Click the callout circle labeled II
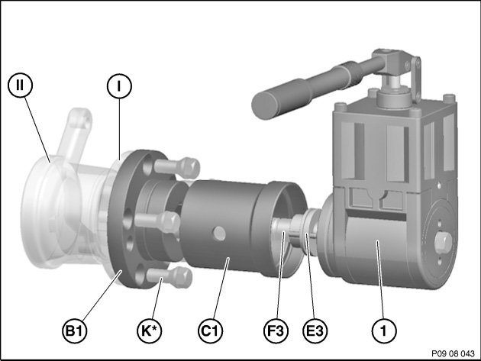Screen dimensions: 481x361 click(x=20, y=85)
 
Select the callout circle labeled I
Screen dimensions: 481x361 click(x=119, y=86)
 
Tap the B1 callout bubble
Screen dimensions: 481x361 click(x=75, y=331)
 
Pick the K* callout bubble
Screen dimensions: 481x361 click(x=150, y=331)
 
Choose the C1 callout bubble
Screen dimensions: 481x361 click(x=210, y=331)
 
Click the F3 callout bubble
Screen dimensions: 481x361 click(x=276, y=331)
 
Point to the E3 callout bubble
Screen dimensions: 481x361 click(x=315, y=331)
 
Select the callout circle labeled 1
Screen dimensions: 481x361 click(x=384, y=331)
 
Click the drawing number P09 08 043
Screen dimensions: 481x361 click(x=453, y=353)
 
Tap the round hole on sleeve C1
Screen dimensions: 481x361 click(x=219, y=234)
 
